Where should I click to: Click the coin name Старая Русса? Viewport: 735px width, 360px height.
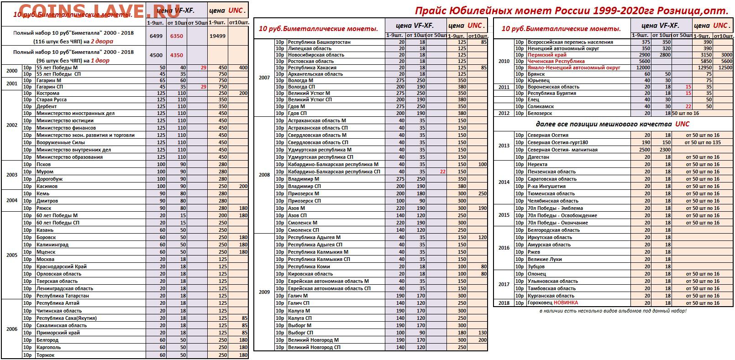[52, 99]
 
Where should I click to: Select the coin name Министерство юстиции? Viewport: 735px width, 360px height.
[65, 120]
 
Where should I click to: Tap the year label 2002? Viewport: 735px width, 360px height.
[12, 125]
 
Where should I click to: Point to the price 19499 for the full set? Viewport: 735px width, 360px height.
[217, 36]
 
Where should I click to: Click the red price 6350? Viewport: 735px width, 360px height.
[176, 36]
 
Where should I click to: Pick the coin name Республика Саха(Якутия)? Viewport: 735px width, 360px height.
[66, 318]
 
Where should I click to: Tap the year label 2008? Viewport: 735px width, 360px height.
[264, 175]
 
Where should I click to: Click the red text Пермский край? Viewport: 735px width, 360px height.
[541, 55]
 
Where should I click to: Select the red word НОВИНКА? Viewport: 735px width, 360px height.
[566, 303]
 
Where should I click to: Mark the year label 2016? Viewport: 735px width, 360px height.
[504, 248]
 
